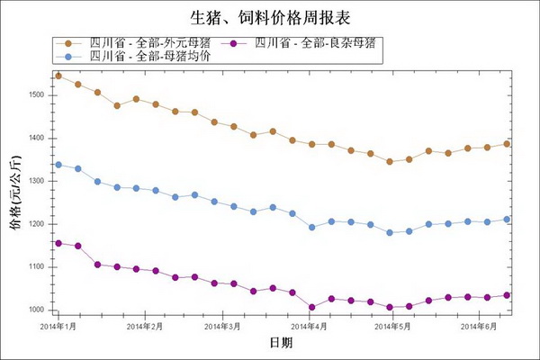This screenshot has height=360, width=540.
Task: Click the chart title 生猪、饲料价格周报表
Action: [269, 17]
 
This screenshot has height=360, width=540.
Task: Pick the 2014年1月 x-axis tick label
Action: [58, 326]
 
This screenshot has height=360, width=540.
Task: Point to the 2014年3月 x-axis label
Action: [222, 326]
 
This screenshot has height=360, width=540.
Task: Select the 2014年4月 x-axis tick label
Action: [309, 326]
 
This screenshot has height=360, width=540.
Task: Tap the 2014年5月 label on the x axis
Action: [392, 326]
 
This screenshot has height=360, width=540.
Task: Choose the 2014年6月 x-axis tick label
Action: [479, 326]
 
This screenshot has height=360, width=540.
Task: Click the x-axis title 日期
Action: [280, 343]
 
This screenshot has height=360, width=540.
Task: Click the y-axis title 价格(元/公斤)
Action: [14, 193]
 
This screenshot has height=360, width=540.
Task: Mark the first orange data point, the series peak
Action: [58, 76]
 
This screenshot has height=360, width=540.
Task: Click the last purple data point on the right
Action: [507, 295]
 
